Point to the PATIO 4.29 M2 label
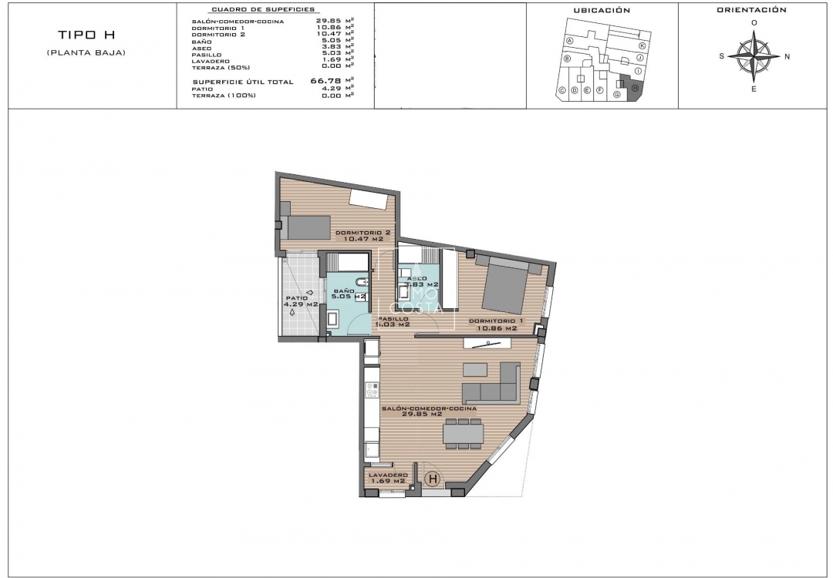(x=301, y=301)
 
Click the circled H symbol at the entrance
(x=433, y=479)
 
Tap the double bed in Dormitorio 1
(x=504, y=286)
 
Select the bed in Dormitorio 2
(x=308, y=227)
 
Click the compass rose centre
(x=754, y=56)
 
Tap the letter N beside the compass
(x=787, y=56)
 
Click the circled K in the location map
(x=642, y=45)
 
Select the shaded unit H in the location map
(x=634, y=89)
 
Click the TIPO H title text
(x=86, y=35)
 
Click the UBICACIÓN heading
(x=602, y=11)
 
